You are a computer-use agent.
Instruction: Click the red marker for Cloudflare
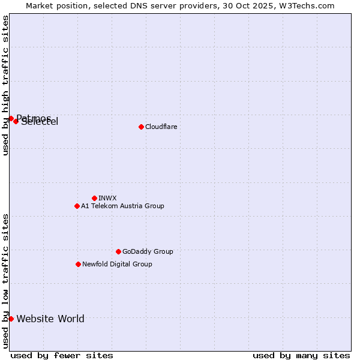[x=141, y=127]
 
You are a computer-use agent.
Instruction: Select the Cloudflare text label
[x=161, y=127]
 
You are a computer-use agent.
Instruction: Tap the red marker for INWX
[x=94, y=198]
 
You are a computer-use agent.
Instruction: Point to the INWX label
[x=107, y=198]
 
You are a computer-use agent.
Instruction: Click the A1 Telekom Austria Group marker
[x=77, y=206]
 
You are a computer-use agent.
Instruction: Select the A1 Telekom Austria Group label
[x=122, y=206]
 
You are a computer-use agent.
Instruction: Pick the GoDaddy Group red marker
[x=118, y=251]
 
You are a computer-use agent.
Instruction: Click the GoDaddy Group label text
[x=148, y=251]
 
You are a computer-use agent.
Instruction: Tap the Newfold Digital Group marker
[x=78, y=264]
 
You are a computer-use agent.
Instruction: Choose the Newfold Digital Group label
[x=117, y=264]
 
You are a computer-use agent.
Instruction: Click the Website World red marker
[x=11, y=319]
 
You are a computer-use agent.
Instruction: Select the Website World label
[x=50, y=319]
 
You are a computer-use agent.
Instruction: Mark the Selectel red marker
[x=16, y=121]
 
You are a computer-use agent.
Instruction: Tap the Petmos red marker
[x=11, y=118]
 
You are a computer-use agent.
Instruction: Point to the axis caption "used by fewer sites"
[x=62, y=355]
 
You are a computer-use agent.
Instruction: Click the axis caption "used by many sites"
[x=301, y=355]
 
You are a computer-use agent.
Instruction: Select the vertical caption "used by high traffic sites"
[x=5, y=86]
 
